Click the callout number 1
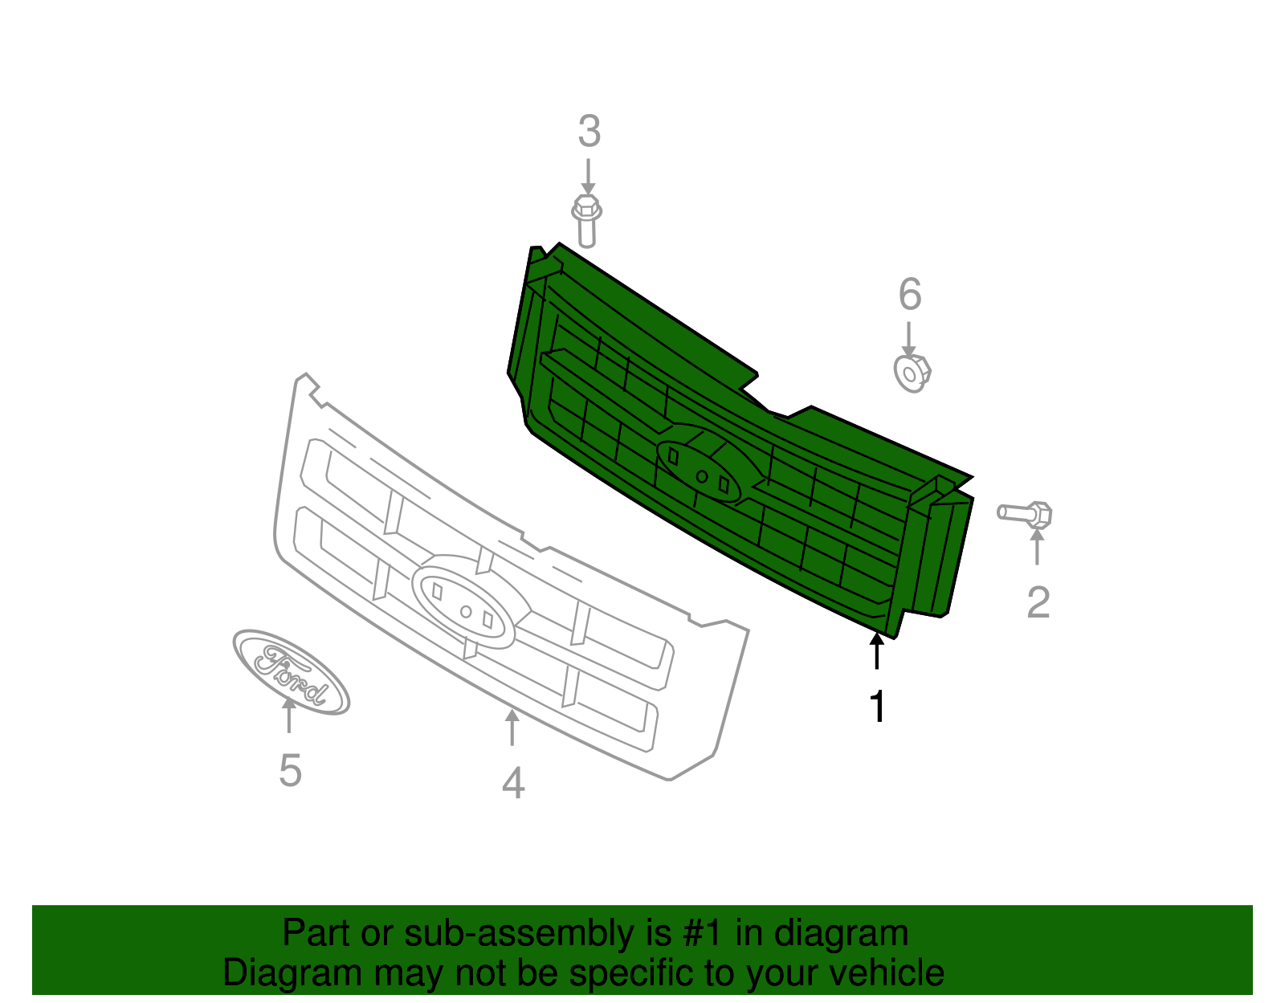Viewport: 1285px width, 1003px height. (x=877, y=707)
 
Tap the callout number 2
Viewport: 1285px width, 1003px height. (x=1038, y=602)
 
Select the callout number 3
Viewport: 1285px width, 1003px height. (x=589, y=132)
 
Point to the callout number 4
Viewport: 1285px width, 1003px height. (x=513, y=783)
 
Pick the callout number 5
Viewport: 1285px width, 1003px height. (x=290, y=771)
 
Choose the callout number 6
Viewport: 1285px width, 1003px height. (x=909, y=295)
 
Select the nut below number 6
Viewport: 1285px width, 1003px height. (x=912, y=373)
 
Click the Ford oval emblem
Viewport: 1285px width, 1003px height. (x=291, y=672)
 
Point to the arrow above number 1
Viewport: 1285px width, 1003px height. (x=876, y=650)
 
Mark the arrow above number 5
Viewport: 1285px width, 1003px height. (x=288, y=715)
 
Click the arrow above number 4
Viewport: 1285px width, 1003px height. (x=512, y=727)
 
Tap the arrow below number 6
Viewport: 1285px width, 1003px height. (x=909, y=340)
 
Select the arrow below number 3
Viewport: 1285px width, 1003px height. (x=588, y=176)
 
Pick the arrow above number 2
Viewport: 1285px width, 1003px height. (x=1037, y=546)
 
